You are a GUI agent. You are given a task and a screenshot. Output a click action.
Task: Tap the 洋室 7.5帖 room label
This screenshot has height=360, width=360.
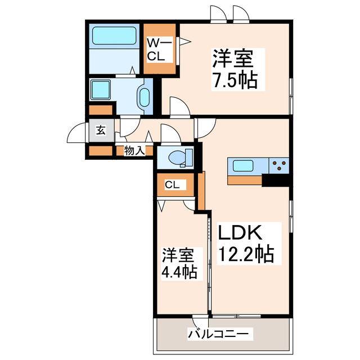[x=234, y=70]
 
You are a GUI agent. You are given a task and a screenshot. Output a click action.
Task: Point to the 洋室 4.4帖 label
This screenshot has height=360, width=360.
[x=179, y=263]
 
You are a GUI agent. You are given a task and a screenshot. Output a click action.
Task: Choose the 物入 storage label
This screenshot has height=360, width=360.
[x=135, y=150]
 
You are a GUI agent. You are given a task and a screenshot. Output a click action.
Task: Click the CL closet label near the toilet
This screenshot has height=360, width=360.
[x=172, y=184]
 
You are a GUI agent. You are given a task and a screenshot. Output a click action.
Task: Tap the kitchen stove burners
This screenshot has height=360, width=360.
[x=278, y=166]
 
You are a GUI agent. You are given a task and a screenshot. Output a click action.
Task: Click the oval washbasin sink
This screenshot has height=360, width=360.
[x=144, y=97]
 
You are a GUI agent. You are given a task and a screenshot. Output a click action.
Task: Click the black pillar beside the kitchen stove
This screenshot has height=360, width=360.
[x=277, y=180]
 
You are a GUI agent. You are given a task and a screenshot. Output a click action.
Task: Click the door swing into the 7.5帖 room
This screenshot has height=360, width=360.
[x=179, y=107]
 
